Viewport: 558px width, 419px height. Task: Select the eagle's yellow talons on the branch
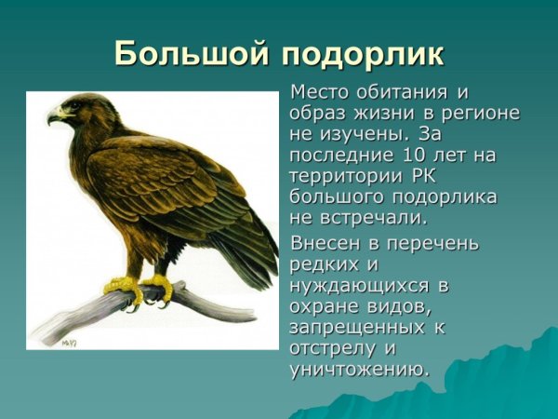[139, 287]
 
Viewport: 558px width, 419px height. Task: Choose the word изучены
[355, 134]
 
